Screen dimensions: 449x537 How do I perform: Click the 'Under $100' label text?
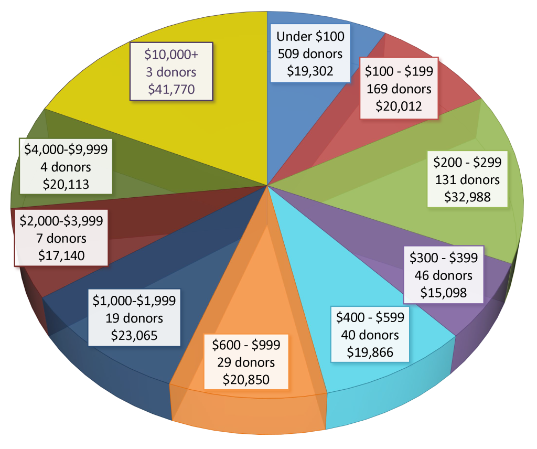(310, 36)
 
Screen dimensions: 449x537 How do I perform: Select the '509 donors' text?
(310, 54)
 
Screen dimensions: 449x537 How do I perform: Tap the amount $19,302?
(310, 71)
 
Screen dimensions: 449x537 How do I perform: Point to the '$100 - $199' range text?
(399, 71)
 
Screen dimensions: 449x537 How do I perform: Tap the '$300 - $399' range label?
(443, 258)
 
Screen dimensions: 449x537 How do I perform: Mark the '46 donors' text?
(443, 275)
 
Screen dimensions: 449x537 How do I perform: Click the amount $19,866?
(370, 352)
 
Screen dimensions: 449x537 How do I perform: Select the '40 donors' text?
(370, 335)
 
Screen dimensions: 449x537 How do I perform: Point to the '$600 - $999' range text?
(246, 345)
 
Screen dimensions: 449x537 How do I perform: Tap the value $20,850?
(246, 379)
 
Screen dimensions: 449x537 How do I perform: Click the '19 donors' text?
(134, 318)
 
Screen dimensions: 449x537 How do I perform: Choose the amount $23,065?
(134, 335)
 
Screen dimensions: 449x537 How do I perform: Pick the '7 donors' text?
(61, 238)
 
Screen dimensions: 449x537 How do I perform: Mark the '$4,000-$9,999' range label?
(66, 149)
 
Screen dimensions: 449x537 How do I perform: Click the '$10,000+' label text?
(171, 54)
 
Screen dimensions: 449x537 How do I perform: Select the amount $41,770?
(171, 89)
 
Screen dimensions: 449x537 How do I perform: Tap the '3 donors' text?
(171, 71)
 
